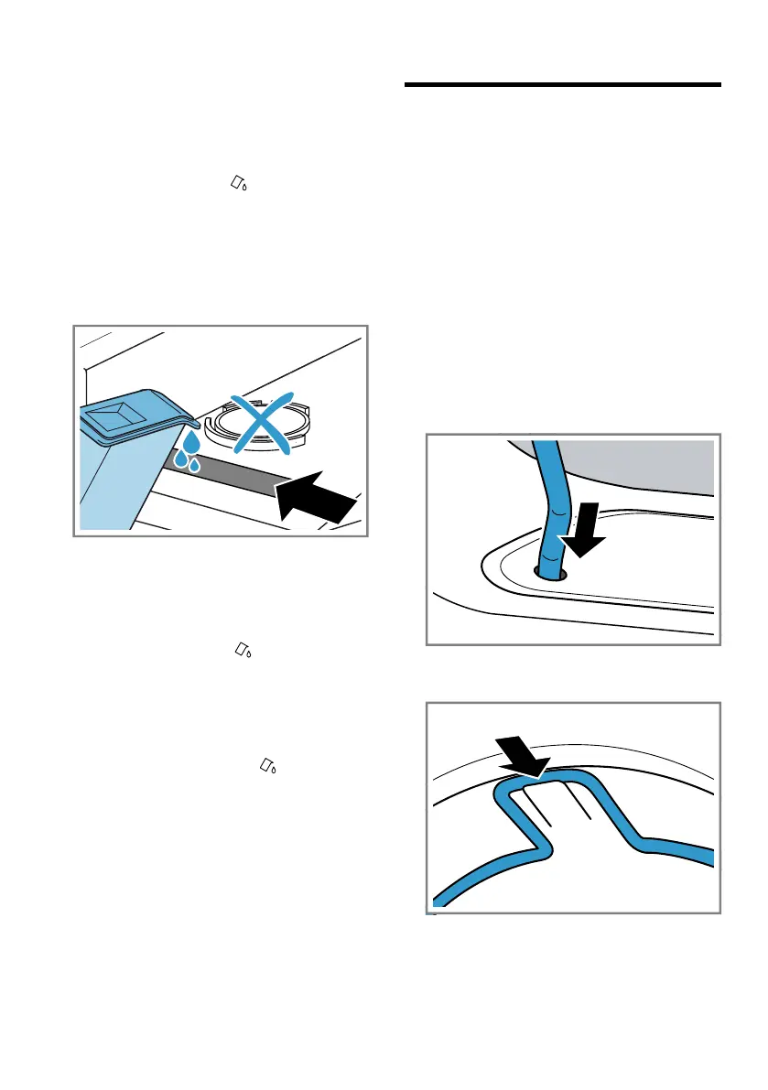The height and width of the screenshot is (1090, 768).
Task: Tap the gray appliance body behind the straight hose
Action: [x=641, y=467]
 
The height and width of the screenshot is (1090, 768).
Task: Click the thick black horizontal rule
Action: [x=562, y=86]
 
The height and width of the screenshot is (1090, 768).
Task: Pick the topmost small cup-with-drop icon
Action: [x=239, y=184]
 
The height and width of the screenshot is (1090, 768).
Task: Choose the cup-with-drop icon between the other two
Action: [x=245, y=649]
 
